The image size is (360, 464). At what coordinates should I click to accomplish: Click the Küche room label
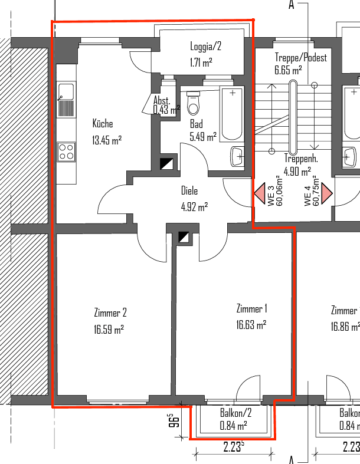tap(102, 124)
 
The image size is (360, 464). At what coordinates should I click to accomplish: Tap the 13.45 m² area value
tap(106, 140)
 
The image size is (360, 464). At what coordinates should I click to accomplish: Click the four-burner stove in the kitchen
tap(66, 152)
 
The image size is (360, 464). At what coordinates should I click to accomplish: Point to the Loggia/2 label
tap(205, 47)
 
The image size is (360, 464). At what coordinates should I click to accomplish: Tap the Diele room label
tap(189, 191)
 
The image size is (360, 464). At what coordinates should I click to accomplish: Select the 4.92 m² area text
tap(194, 207)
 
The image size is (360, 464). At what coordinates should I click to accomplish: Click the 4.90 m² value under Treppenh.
tap(297, 172)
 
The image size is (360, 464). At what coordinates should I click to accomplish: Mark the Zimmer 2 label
tap(110, 313)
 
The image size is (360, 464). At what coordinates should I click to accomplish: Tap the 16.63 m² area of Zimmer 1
tap(251, 324)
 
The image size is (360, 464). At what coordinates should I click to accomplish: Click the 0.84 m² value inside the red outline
tap(233, 425)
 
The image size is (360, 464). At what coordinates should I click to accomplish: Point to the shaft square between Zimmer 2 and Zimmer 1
tap(185, 237)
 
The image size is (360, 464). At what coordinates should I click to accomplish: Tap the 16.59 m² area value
tap(109, 330)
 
